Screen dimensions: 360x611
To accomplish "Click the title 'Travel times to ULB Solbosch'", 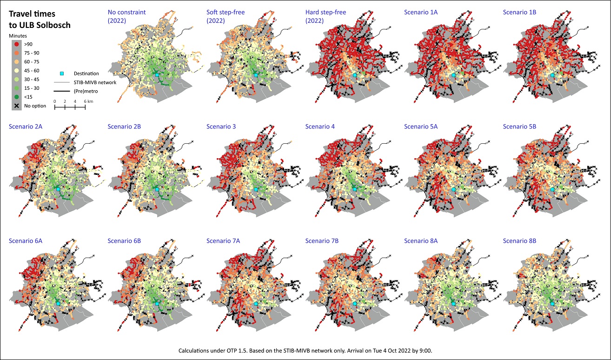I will pyautogui.click(x=40, y=20).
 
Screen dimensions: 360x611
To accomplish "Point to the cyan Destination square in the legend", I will pyautogui.click(x=61, y=73).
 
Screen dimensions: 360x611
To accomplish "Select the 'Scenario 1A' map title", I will pyautogui.click(x=421, y=12).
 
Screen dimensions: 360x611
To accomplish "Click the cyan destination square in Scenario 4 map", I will pyautogui.click(x=354, y=189).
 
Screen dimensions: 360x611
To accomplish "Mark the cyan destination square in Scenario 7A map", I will pyautogui.click(x=256, y=304).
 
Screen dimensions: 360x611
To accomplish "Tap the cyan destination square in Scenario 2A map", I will pyautogui.click(x=58, y=189).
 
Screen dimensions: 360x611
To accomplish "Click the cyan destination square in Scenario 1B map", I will pyautogui.click(x=552, y=75).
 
